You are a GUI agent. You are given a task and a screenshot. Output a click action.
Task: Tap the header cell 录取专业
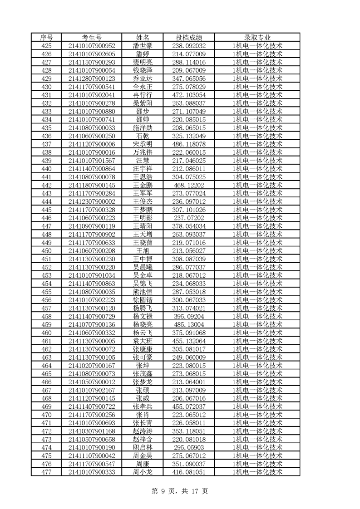pos(257,37)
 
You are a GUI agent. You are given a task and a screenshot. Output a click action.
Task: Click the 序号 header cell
pos(46,37)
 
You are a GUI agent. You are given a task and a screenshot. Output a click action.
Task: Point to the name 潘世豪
pos(143,45)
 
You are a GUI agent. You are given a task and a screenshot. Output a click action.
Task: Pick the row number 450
pos(46,250)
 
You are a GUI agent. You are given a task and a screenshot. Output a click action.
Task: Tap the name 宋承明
pos(143,144)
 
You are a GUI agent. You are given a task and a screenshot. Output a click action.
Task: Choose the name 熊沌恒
pos(143,291)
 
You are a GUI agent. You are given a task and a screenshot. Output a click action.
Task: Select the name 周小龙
pos(143,472)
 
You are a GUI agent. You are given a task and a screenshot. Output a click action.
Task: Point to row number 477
pos(46,472)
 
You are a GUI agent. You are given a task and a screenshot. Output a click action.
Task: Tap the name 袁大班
pos(143,341)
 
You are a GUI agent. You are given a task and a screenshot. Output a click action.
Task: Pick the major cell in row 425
pos(257,45)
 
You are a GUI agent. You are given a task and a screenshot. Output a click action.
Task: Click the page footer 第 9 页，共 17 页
pos(180,491)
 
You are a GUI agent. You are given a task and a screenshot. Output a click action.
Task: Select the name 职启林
pos(143,447)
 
